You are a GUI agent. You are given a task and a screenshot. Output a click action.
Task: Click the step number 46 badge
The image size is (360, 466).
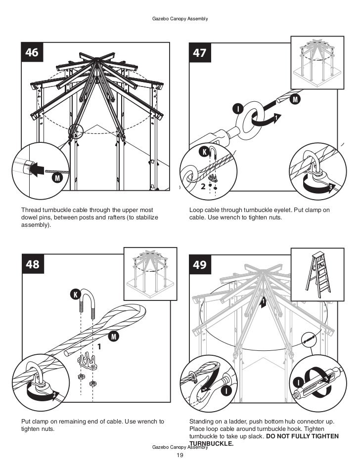pyautogui.click(x=32, y=53)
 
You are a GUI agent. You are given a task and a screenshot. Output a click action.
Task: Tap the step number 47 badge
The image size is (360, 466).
pyautogui.click(x=200, y=53)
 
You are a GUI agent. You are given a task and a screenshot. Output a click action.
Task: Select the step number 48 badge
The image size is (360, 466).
pyautogui.click(x=33, y=265)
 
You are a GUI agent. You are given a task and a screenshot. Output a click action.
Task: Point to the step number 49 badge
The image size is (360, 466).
pyautogui.click(x=200, y=265)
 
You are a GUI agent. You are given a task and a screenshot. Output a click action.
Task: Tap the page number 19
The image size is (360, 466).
pyautogui.click(x=180, y=455)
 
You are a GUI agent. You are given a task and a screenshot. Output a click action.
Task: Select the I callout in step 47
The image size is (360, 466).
pyautogui.click(x=238, y=108)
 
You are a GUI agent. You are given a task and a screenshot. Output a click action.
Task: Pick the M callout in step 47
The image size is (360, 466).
pyautogui.click(x=295, y=100)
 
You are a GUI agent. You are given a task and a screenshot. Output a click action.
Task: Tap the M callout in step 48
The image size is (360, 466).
pyautogui.click(x=114, y=337)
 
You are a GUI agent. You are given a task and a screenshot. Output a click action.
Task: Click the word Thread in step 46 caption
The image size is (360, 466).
pyautogui.click(x=29, y=211)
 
